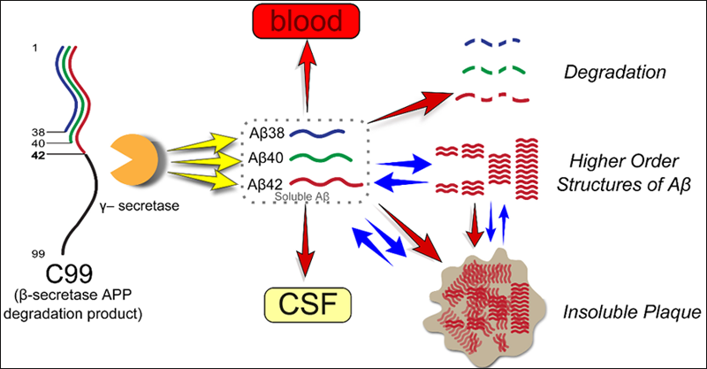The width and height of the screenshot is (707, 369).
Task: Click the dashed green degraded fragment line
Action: tap(495, 68)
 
